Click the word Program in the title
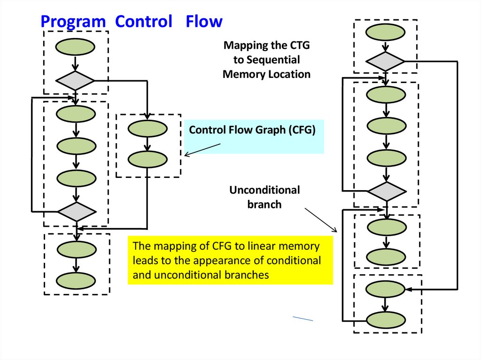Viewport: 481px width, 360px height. (73, 22)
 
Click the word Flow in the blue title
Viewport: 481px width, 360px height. (203, 22)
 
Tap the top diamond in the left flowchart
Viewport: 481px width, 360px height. (75, 81)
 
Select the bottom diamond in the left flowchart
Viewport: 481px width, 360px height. (76, 212)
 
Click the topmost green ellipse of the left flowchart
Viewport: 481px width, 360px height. (75, 46)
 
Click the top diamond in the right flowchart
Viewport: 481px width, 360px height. (385, 61)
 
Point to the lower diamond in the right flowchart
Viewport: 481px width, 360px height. (386, 191)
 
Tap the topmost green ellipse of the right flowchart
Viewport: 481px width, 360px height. (385, 32)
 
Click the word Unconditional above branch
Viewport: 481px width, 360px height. (264, 190)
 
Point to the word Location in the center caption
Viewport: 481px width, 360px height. (290, 74)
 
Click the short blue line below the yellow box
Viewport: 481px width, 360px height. (303, 319)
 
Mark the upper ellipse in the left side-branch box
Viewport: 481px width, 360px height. (147, 129)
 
